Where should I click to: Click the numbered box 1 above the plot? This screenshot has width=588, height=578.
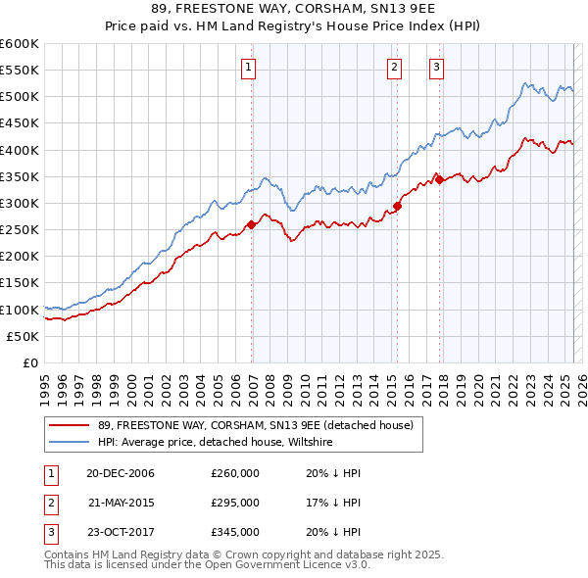[x=249, y=68]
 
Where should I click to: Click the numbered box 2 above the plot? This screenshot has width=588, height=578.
[x=393, y=68]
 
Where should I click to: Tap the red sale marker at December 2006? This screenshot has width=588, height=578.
[x=252, y=224]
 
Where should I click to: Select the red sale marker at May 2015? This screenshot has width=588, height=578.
[x=397, y=206]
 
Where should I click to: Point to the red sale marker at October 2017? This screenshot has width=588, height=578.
[x=439, y=179]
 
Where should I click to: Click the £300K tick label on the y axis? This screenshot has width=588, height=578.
[x=20, y=203]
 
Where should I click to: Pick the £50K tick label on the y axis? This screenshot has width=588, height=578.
[x=24, y=336]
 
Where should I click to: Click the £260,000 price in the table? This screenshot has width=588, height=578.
[x=235, y=473]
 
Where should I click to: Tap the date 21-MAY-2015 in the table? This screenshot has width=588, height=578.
[x=121, y=503]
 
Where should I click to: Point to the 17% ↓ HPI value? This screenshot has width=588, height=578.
[x=328, y=503]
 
